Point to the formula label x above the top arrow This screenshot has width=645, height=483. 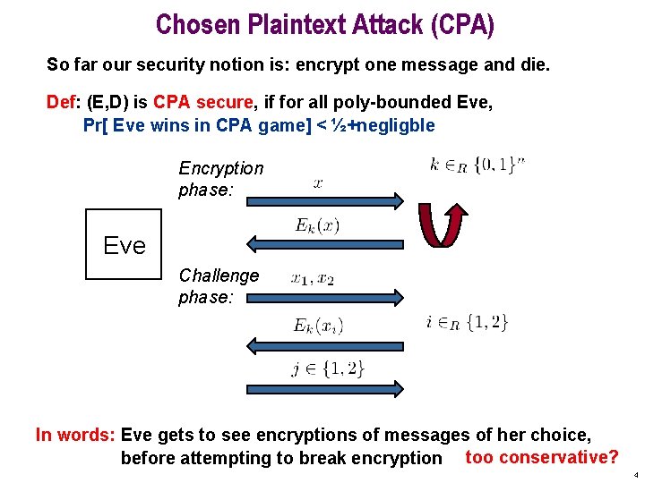pyautogui.click(x=318, y=183)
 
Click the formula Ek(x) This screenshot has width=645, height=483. pyautogui.click(x=317, y=225)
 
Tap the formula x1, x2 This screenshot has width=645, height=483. pyautogui.click(x=313, y=279)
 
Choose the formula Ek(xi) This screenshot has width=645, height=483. pyautogui.click(x=318, y=326)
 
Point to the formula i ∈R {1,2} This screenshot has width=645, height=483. pyautogui.click(x=467, y=322)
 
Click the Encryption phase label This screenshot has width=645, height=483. pyautogui.click(x=221, y=178)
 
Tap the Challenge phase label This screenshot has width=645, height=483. pyautogui.click(x=219, y=285)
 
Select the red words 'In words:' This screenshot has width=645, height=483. pyautogui.click(x=75, y=436)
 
